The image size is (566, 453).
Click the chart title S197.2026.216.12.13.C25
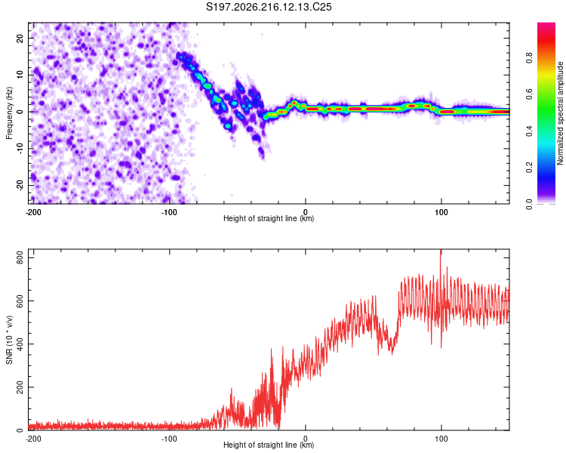269,7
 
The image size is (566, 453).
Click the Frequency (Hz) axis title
9,113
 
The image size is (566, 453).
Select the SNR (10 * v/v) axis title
9,340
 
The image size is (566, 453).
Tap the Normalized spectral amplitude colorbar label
560,113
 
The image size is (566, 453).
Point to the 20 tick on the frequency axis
20,38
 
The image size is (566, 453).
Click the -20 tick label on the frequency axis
20,186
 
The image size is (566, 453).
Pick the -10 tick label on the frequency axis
20,149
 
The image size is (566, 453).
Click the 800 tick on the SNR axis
20,257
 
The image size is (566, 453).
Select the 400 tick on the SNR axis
20,344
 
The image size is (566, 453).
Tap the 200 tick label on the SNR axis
20,387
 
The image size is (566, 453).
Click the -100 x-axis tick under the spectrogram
169,212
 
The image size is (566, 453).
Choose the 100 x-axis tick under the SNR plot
441,439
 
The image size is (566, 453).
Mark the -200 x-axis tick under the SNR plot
33,439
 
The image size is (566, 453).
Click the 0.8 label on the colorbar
529,58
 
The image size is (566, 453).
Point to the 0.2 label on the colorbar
529,167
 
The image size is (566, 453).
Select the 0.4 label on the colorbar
529,131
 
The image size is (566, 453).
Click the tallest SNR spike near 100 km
441,251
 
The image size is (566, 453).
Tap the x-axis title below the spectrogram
269,218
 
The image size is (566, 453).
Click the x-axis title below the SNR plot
269,445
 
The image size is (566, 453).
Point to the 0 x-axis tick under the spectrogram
306,212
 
